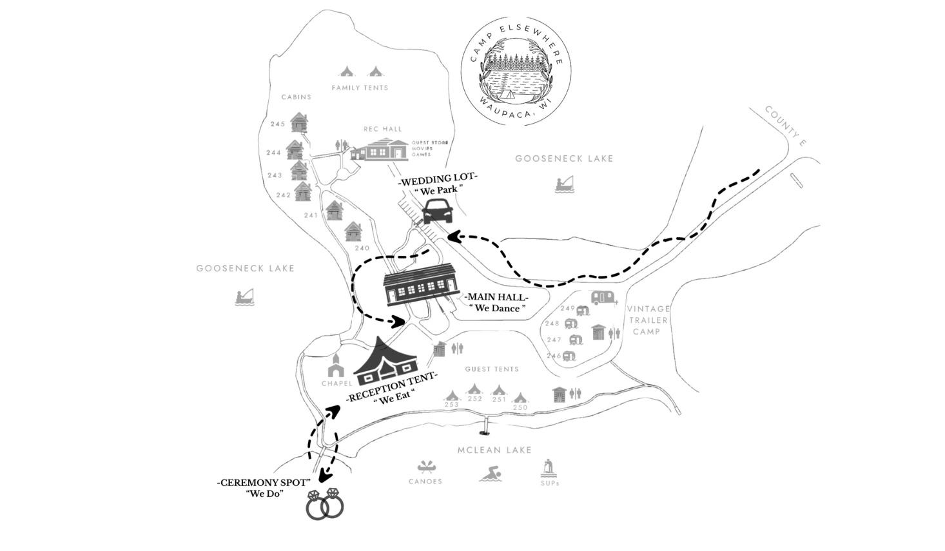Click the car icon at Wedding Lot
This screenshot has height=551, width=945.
coord(436,211)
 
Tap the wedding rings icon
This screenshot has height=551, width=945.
coord(324,504)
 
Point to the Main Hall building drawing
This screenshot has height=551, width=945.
coord(421,284)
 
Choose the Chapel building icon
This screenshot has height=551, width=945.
coord(336,365)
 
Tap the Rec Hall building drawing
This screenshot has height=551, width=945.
coord(380,150)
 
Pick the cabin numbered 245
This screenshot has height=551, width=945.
coord(298,122)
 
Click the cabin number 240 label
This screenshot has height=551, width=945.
coord(362,248)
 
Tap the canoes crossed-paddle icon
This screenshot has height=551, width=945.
coord(425,467)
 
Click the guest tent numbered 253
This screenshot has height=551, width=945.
coord(452,396)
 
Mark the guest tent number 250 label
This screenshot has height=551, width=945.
coord(520,407)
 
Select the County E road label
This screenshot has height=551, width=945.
coord(785,126)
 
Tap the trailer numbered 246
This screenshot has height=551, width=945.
coord(569,356)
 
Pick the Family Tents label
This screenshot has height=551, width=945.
coord(360,88)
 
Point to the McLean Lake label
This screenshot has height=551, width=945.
coord(494,450)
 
